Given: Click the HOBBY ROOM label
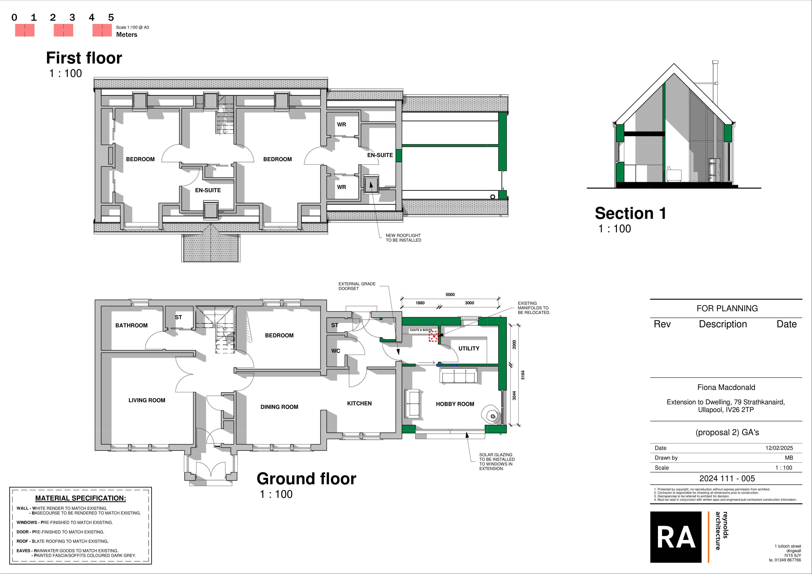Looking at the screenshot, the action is pos(455,404).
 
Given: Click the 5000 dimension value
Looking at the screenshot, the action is pos(450,295).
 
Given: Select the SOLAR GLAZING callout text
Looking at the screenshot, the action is pos(497,462).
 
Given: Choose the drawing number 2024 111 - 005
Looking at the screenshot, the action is pos(727,478).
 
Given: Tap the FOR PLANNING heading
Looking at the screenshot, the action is pos(727,308).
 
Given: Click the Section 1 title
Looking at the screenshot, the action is pos(631,213).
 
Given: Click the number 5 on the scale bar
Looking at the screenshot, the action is pos(111,17).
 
